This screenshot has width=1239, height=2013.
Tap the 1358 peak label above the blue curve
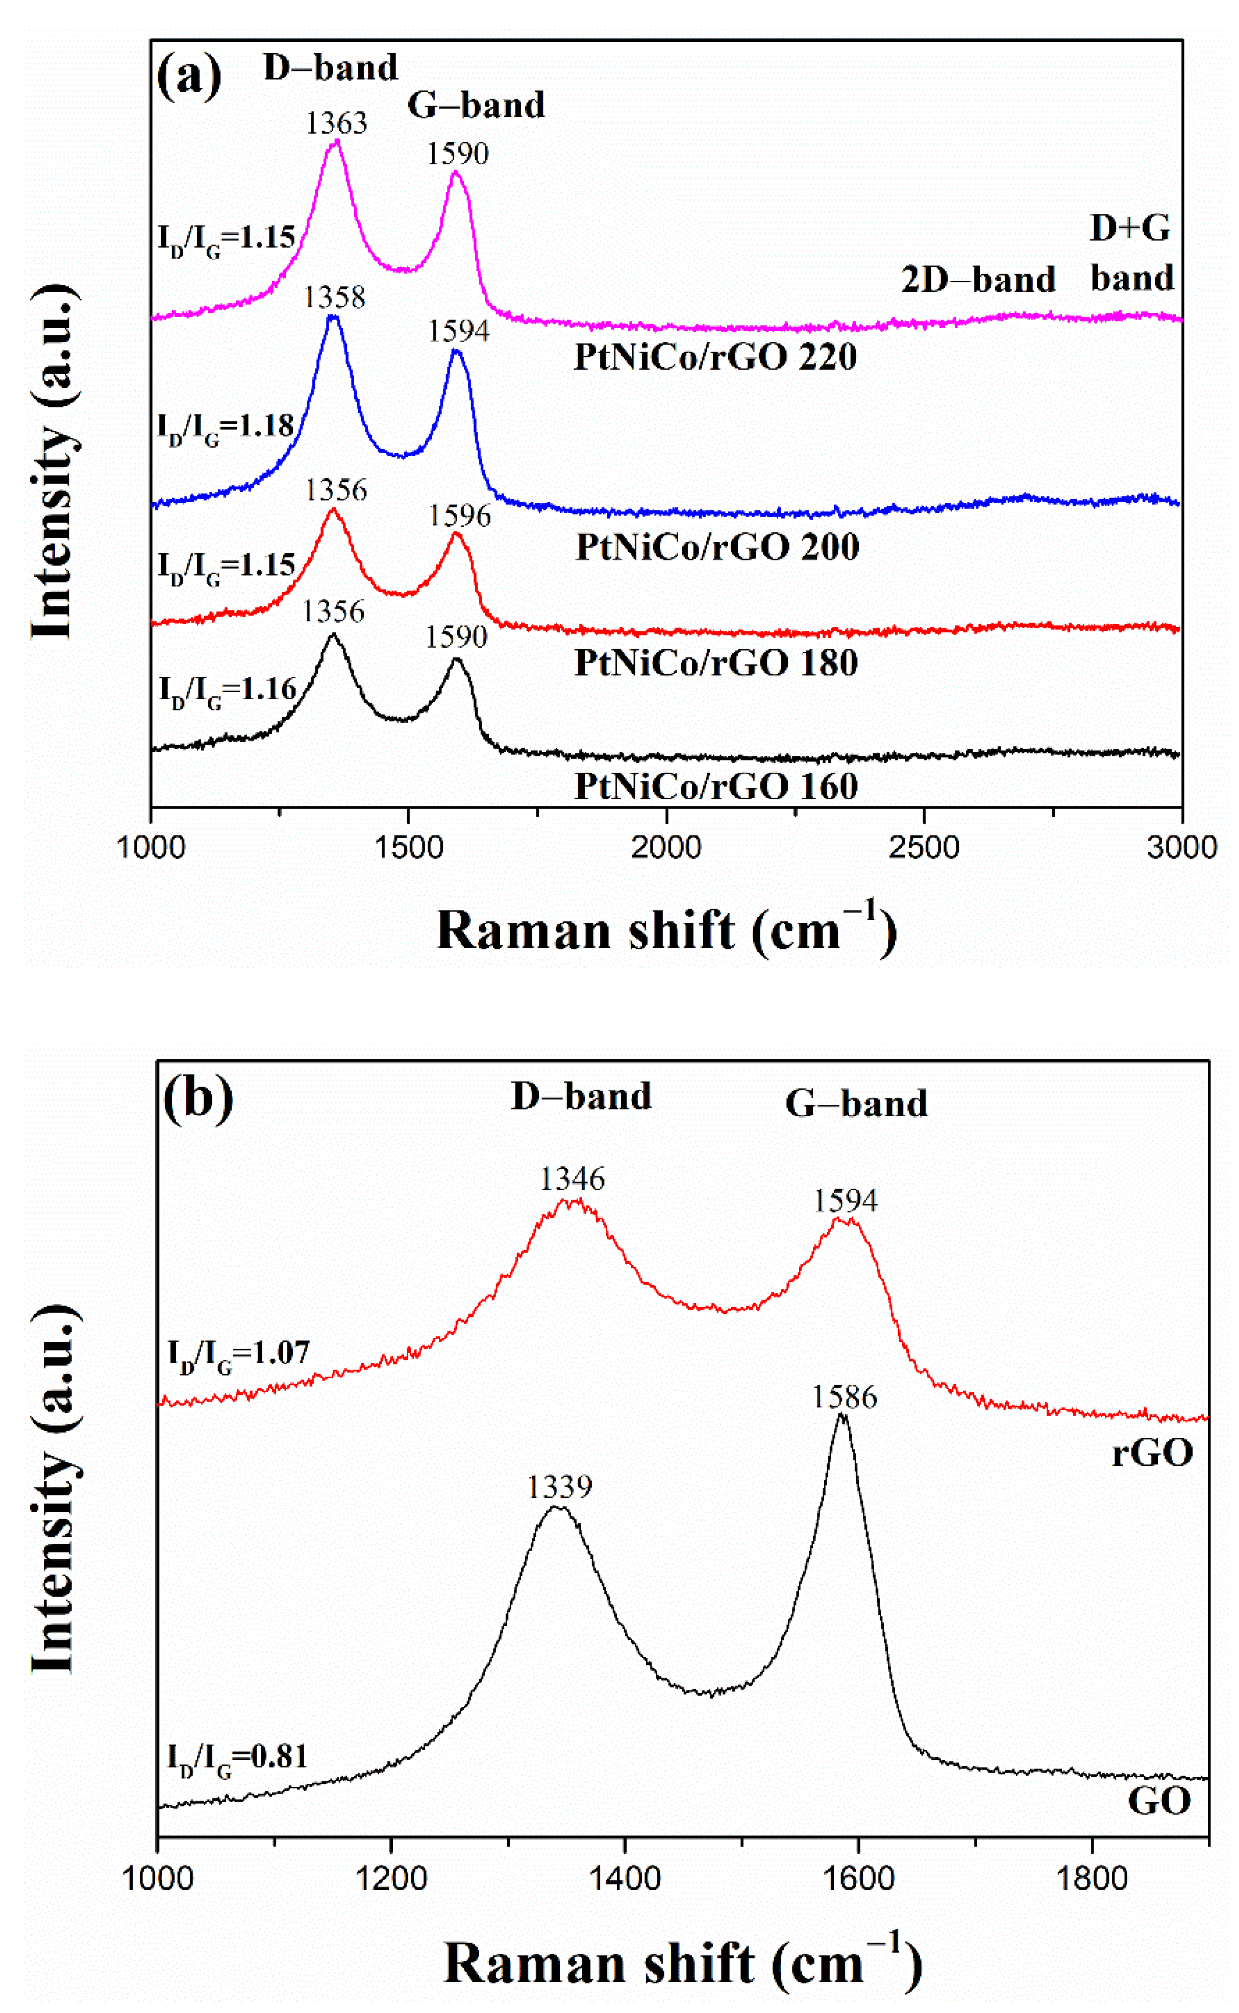334,297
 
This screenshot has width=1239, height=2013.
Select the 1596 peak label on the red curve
460,515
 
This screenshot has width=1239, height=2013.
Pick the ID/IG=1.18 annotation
226,426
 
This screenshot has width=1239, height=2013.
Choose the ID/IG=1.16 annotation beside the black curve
227,690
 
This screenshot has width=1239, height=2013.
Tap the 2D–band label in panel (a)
978,280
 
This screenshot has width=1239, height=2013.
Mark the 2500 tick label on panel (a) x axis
924,847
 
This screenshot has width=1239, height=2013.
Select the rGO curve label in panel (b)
1151,1453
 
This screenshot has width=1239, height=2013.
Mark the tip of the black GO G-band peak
841,1415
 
